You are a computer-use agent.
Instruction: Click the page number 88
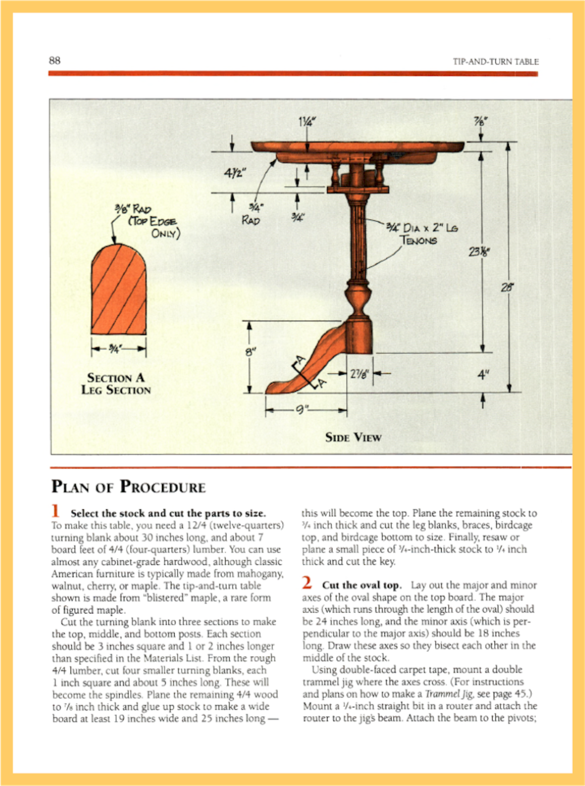pyautogui.click(x=55, y=61)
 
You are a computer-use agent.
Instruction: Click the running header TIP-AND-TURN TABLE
pyautogui.click(x=496, y=62)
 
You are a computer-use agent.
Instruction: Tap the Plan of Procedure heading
pyautogui.click(x=128, y=486)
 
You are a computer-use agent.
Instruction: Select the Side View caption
pyautogui.click(x=353, y=438)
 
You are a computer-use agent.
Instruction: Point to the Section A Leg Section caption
pyautogui.click(x=116, y=384)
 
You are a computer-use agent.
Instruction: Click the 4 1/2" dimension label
pyautogui.click(x=235, y=173)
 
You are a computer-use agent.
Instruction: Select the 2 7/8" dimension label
pyautogui.click(x=359, y=374)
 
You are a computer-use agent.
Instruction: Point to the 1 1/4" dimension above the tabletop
pyautogui.click(x=305, y=121)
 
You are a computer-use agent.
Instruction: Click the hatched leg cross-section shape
pyautogui.click(x=119, y=291)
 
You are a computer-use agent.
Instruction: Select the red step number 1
pyautogui.click(x=55, y=511)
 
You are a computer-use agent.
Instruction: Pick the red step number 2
pyautogui.click(x=307, y=583)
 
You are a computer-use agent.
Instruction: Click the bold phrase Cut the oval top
pyautogui.click(x=361, y=585)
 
